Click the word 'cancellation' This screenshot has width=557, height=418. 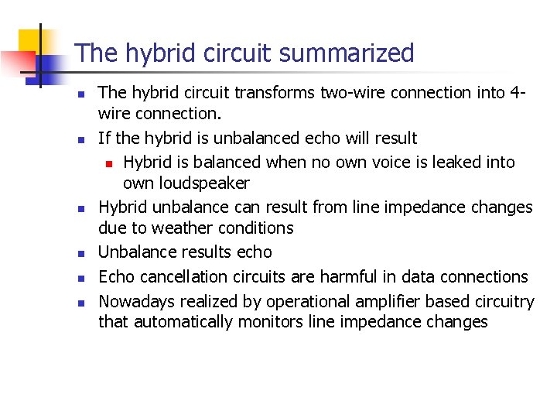click(x=179, y=276)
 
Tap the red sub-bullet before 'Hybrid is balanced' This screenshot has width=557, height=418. click(x=110, y=163)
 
